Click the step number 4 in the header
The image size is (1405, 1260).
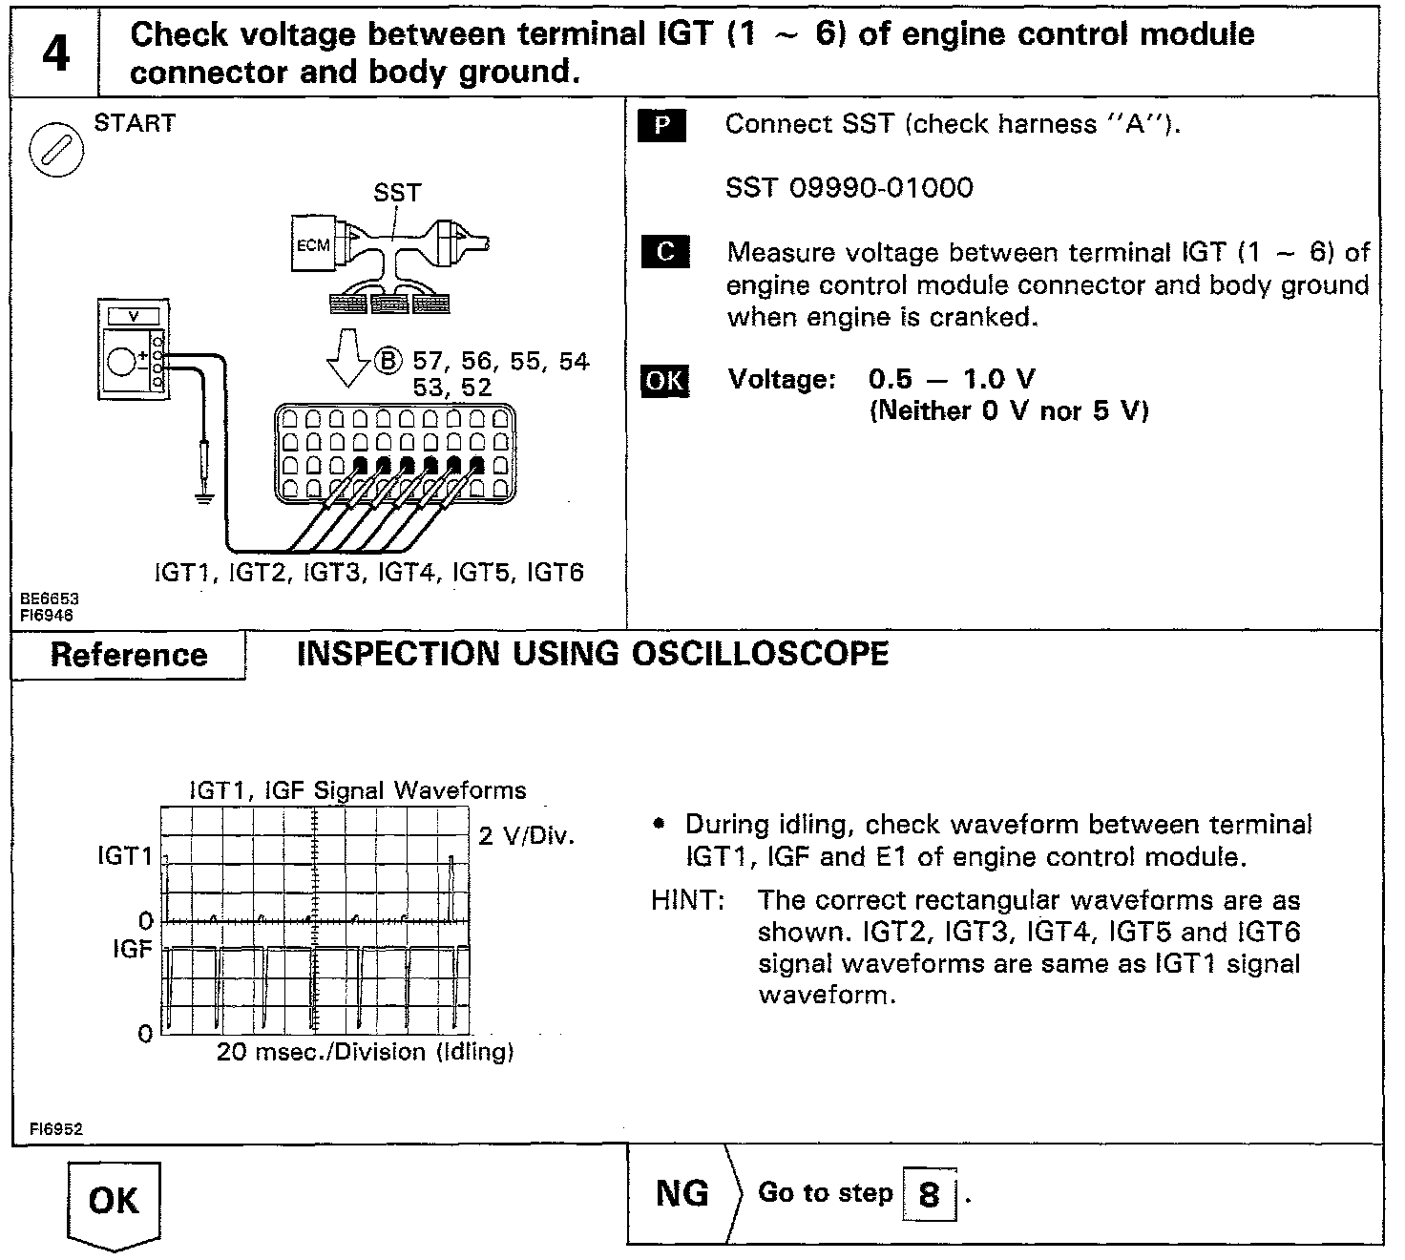(55, 53)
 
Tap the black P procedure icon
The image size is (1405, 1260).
(661, 126)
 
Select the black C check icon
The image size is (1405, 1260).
(665, 252)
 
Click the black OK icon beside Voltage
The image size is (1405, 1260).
(664, 381)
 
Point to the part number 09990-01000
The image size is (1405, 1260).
(881, 188)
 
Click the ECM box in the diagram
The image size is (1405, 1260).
(313, 245)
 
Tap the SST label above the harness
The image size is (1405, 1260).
(396, 193)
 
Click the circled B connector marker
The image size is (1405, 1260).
(389, 361)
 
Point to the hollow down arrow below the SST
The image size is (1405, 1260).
(347, 357)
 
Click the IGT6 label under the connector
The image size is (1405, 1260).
(555, 573)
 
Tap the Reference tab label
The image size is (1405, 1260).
(129, 655)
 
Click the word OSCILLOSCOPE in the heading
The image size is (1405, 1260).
(760, 654)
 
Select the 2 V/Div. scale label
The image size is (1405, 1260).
(526, 836)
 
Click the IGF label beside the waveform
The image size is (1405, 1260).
(133, 949)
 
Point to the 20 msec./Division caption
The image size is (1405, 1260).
(365, 1052)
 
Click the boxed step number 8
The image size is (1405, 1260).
(928, 1194)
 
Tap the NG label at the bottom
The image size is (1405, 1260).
(682, 1193)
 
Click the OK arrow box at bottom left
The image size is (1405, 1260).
(114, 1203)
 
